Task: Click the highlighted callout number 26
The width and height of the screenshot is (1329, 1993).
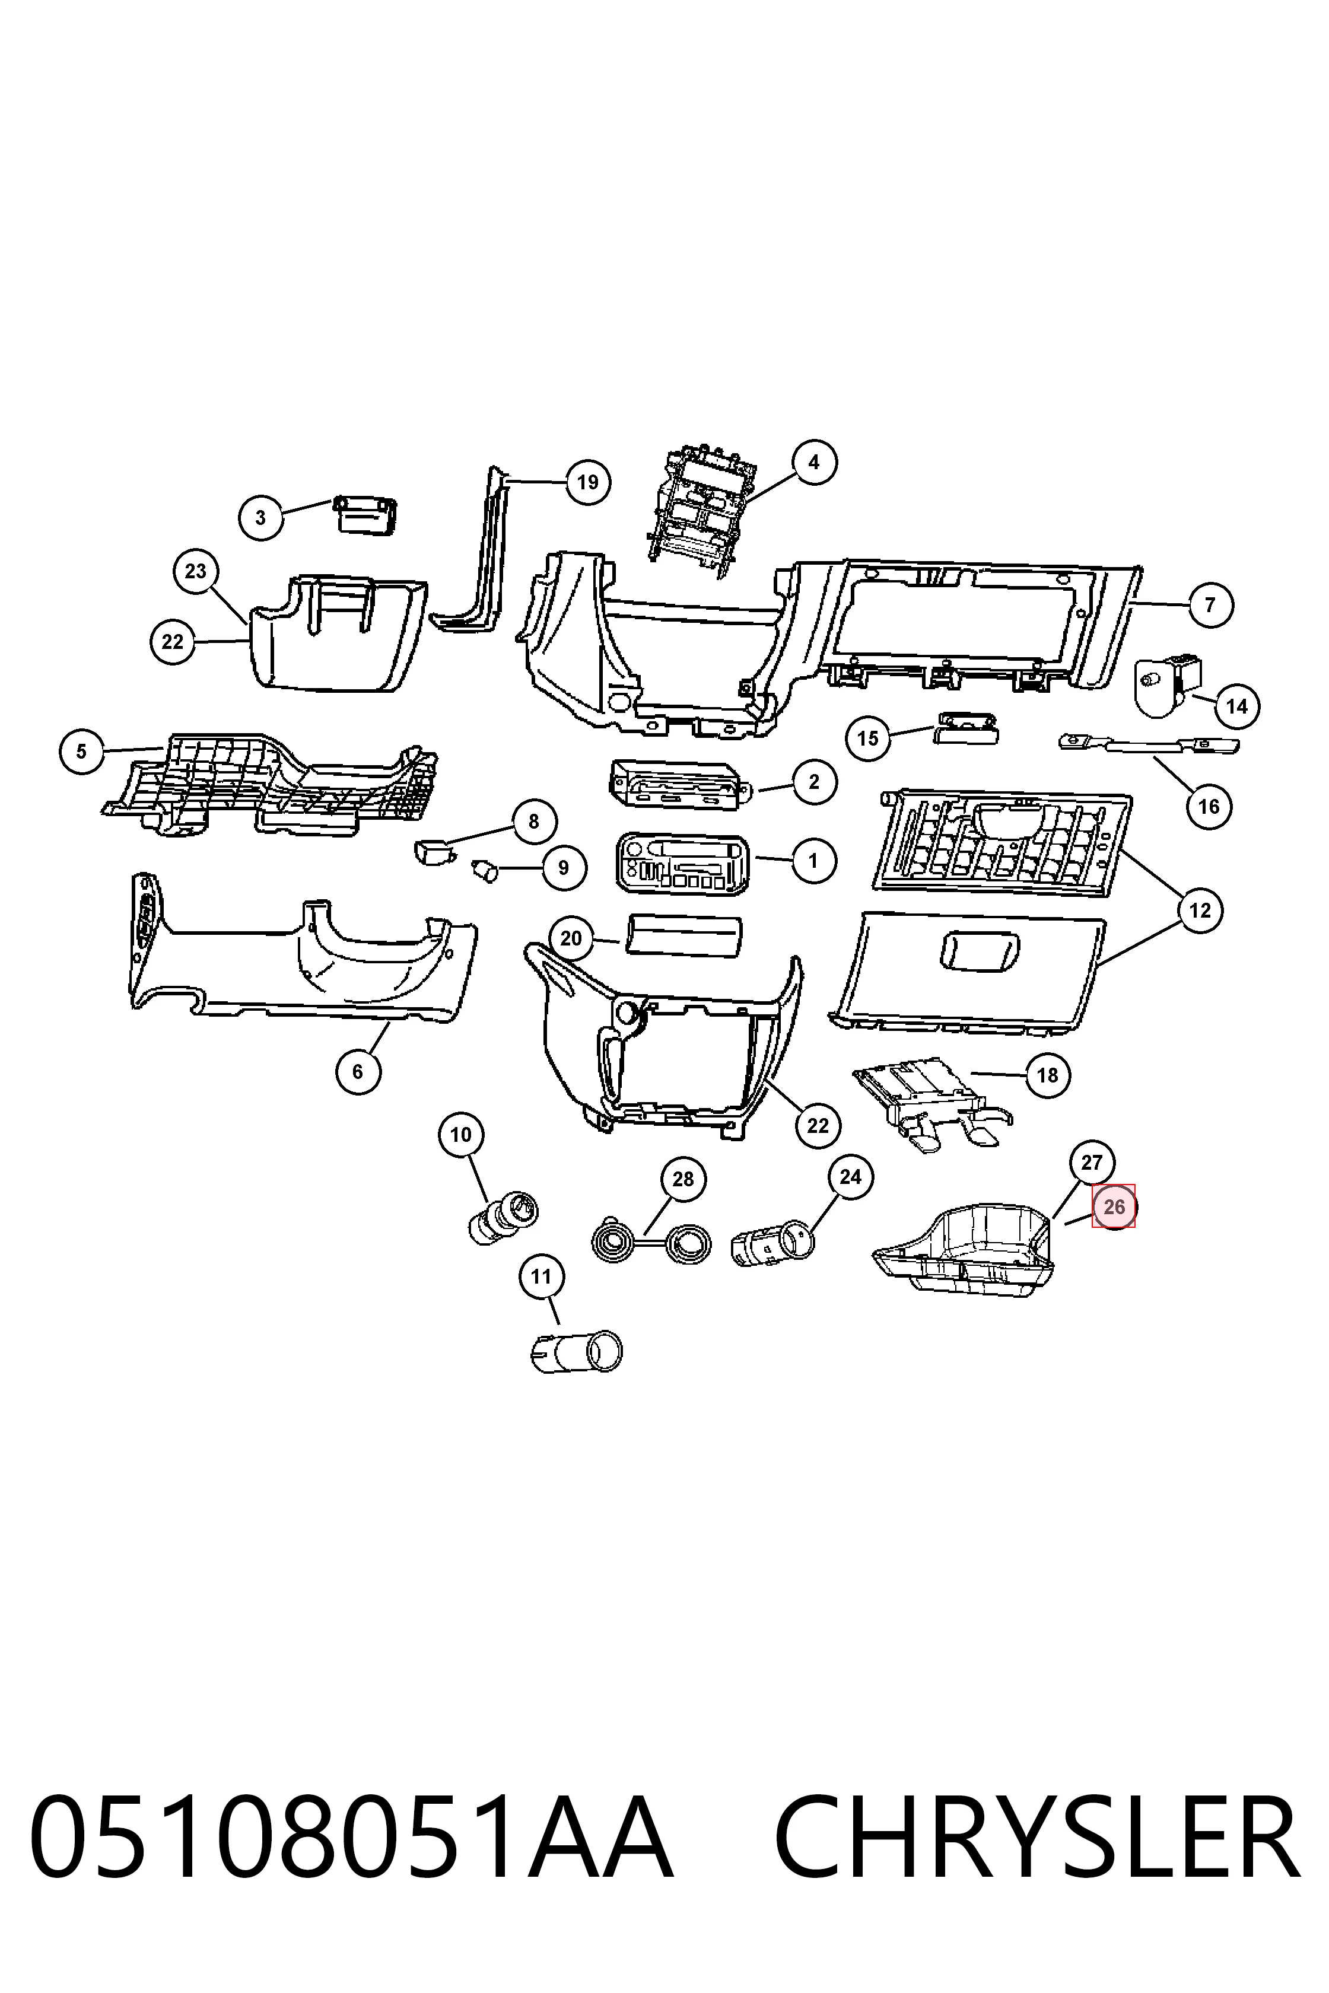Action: [x=1114, y=1206]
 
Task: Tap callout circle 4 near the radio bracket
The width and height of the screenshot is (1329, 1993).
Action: [x=813, y=462]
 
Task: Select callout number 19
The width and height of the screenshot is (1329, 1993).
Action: [x=587, y=482]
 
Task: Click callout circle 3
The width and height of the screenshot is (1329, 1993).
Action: [x=260, y=517]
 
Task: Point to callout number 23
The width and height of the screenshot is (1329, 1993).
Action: [x=196, y=571]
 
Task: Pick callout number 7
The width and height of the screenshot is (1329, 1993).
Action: [x=1210, y=605]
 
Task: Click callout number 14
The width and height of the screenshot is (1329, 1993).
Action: [x=1236, y=706]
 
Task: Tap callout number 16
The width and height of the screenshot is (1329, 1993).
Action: [x=1209, y=806]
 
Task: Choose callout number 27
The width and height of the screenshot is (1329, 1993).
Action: [x=1092, y=1163]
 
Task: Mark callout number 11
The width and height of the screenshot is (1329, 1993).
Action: [x=540, y=1276]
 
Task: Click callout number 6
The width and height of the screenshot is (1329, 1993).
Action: [x=358, y=1071]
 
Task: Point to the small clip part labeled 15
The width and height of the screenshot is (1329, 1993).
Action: [x=965, y=727]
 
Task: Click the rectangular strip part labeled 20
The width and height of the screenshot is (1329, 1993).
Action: [x=684, y=935]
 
